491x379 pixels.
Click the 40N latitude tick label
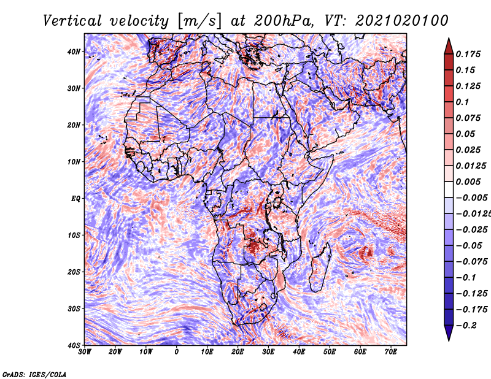tap(74, 52)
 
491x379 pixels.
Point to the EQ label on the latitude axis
tap(75, 199)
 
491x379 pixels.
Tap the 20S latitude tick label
tap(74, 272)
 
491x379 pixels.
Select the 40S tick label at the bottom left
tap(74, 345)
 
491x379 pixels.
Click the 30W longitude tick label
tap(85, 352)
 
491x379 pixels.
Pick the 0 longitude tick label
tap(177, 352)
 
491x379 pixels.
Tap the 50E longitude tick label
tap(330, 352)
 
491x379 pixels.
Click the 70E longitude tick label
tap(391, 352)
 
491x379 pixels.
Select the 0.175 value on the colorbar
tap(468, 55)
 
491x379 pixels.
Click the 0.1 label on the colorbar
tap(463, 102)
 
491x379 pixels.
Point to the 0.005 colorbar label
tap(468, 182)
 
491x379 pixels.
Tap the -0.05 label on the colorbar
tap(469, 246)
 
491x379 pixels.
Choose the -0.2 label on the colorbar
tap(466, 326)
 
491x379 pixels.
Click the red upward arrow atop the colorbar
tap(449, 47)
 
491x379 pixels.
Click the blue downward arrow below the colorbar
tap(449, 333)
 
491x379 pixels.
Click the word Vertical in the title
tap(72, 21)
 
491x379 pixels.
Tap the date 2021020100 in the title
tap(402, 21)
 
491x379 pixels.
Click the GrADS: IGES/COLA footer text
tap(34, 374)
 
